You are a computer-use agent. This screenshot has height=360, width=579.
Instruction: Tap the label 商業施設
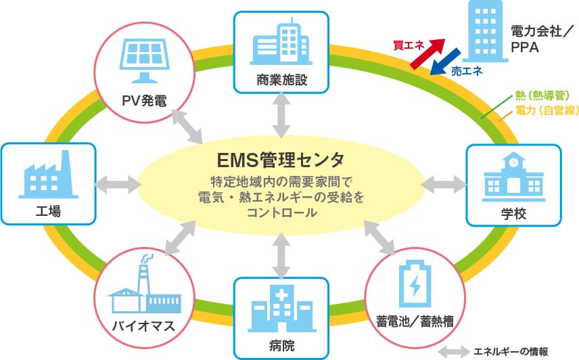[x=281, y=80]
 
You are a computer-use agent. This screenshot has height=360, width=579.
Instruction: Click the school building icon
[x=513, y=177]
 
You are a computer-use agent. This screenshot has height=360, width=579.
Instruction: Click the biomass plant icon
[x=143, y=288]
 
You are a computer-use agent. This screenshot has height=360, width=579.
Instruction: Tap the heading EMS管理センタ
[x=281, y=160]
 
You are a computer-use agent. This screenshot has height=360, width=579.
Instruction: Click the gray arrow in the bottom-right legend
[x=454, y=351]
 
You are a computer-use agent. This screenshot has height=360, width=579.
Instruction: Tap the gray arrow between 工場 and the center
[x=116, y=183]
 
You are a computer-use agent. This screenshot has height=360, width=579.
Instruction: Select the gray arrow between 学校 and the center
[x=444, y=183]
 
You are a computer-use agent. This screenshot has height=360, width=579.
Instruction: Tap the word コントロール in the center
[x=281, y=212]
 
